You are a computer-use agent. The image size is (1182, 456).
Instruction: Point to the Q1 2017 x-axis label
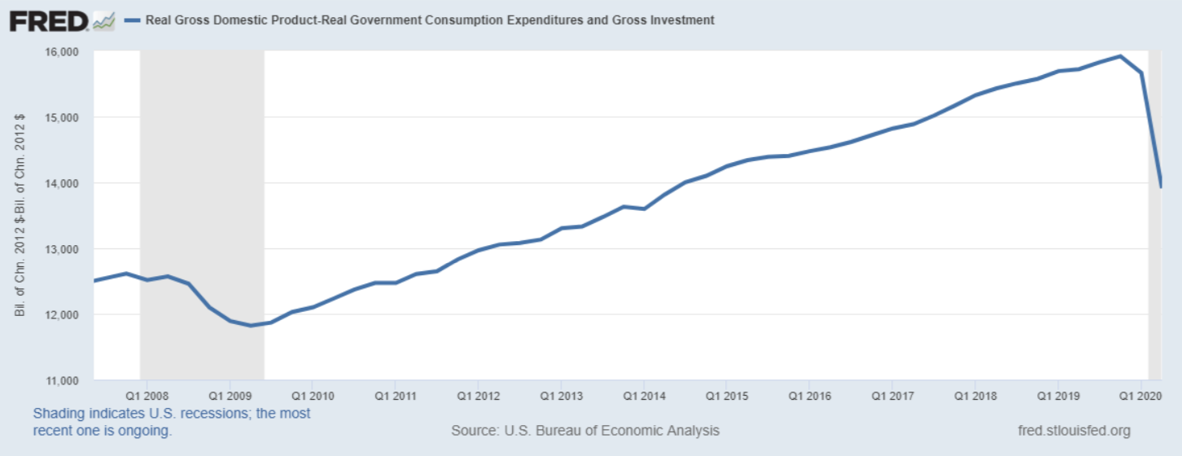[x=891, y=396]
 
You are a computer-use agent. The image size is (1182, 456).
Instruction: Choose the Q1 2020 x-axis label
[x=1140, y=396]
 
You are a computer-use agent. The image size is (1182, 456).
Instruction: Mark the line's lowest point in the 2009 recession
[x=251, y=326]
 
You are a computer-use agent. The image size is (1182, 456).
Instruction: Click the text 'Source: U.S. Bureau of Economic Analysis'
[x=585, y=430]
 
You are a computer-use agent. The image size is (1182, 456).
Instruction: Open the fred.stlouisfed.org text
[x=1074, y=430]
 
